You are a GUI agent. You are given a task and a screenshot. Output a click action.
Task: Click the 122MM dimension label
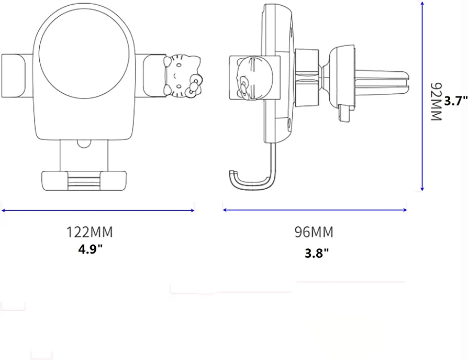pyautogui.click(x=89, y=232)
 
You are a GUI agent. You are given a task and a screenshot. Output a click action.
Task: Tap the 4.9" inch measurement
pyautogui.click(x=90, y=248)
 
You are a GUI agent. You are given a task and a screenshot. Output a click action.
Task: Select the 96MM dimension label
pyautogui.click(x=314, y=232)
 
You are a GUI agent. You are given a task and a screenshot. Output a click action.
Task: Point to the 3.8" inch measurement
pyautogui.click(x=317, y=253)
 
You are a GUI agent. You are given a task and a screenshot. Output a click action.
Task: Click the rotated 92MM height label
pyautogui.click(x=436, y=102)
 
